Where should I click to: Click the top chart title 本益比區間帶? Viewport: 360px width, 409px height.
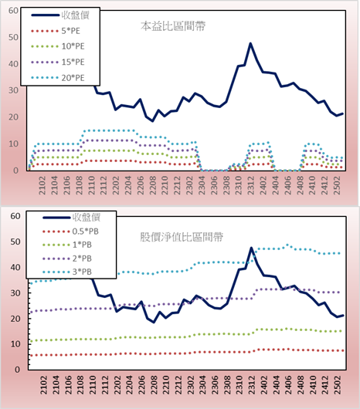[173, 26]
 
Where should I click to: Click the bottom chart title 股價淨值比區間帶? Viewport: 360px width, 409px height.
[182, 237]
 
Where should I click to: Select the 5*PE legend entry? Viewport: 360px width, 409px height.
[56, 31]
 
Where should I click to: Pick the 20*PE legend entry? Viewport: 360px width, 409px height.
[57, 78]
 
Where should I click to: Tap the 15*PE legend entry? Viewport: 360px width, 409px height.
[57, 62]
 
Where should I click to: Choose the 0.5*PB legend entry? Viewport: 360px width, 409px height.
[70, 232]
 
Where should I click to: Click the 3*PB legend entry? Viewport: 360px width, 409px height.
[67, 272]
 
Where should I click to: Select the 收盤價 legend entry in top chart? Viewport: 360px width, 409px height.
[60, 15]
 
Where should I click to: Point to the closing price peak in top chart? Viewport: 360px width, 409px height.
[250, 43]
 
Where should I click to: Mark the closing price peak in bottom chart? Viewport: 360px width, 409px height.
[251, 248]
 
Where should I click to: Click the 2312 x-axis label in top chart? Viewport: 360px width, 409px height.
[250, 185]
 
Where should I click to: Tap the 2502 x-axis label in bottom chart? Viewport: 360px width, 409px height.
[338, 385]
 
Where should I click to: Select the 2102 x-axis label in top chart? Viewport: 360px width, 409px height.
[42, 185]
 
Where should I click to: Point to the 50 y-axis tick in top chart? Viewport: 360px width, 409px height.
[13, 37]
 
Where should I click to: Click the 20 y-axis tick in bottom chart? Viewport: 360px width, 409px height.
[15, 319]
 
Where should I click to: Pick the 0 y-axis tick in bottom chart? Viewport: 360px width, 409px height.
[17, 370]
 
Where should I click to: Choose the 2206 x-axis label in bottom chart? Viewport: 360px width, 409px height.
[141, 385]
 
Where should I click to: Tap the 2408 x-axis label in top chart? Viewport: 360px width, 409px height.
[300, 185]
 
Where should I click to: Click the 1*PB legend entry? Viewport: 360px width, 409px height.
[67, 245]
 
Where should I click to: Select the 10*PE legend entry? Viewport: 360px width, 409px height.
[57, 46]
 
